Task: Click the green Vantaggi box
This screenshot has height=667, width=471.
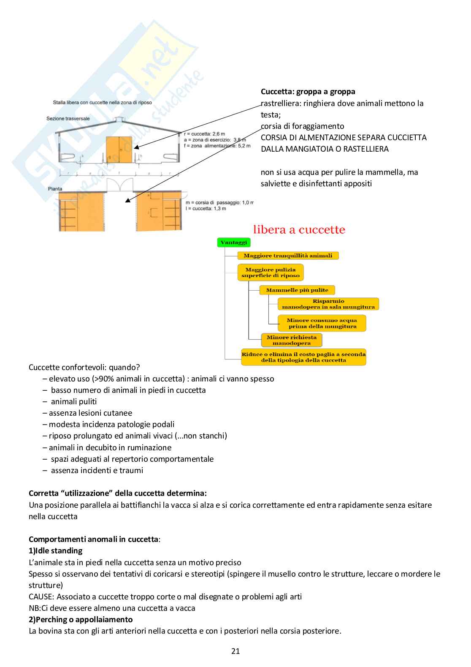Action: [233, 242]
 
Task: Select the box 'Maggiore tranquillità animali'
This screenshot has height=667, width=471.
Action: [288, 256]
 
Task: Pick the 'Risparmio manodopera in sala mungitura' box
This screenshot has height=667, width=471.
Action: [328, 304]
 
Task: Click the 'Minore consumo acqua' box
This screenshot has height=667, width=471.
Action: [322, 323]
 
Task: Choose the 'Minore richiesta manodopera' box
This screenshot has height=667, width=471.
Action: [292, 340]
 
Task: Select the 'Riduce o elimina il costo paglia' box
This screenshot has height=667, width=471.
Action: [303, 357]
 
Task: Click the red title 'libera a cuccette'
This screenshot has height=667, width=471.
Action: [299, 230]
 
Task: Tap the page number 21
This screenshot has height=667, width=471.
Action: [235, 651]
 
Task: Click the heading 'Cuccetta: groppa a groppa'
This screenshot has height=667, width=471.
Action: [308, 92]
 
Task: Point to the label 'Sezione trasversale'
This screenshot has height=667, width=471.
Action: [68, 119]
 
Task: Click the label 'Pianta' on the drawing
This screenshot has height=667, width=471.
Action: [55, 189]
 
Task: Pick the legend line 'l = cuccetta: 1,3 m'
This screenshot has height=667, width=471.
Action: [206, 209]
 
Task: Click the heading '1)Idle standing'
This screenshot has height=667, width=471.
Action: [55, 551]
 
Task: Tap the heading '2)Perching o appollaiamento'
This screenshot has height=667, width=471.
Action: [81, 620]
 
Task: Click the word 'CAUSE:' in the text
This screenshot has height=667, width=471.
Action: [41, 597]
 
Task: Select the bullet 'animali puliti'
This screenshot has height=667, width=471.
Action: [74, 402]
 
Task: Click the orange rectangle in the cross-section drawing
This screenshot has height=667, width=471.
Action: [119, 150]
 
